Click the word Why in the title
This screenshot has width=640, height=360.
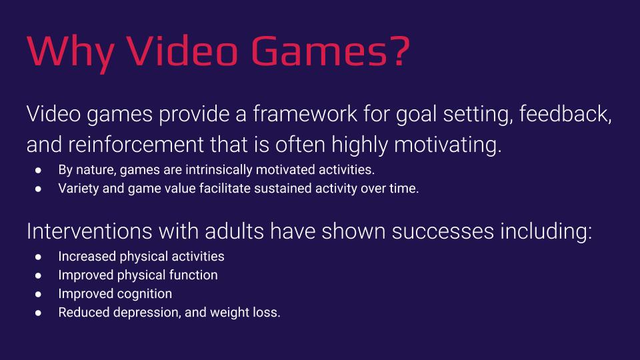[70, 53]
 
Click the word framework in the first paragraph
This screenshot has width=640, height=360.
[305, 113]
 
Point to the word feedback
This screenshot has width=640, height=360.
[565, 113]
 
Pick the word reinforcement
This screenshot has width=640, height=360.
[136, 145]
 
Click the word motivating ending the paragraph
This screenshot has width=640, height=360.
[448, 145]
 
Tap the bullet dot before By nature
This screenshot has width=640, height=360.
[39, 170]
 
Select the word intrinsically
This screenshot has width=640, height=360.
[219, 169]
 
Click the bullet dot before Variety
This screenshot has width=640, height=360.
[39, 189]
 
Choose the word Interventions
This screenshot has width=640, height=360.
[89, 231]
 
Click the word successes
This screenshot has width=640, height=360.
[443, 231]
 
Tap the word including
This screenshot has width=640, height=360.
[546, 231]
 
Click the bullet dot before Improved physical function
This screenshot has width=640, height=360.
[39, 275]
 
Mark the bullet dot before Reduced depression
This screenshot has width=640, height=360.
[39, 313]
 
